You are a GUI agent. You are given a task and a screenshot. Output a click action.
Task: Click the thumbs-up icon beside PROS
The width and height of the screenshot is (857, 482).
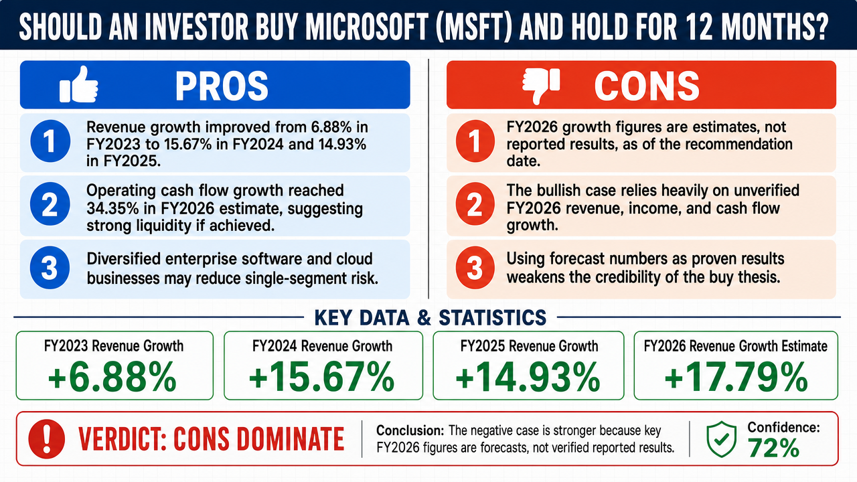pyautogui.click(x=79, y=84)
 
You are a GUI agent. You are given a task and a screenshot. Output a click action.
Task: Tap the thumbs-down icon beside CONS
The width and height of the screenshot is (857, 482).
pyautogui.click(x=541, y=86)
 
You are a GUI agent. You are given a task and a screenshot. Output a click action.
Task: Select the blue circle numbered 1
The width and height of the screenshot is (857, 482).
pyautogui.click(x=50, y=141)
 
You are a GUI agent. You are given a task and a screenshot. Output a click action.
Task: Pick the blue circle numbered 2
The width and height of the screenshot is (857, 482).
pyautogui.click(x=50, y=204)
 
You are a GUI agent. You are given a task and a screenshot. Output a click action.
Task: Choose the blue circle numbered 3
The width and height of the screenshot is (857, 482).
pyautogui.click(x=50, y=267)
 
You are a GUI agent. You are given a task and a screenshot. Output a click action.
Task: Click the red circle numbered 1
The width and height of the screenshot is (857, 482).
pyautogui.click(x=475, y=141)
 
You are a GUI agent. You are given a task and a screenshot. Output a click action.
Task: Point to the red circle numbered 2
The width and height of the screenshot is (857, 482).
pyautogui.click(x=475, y=204)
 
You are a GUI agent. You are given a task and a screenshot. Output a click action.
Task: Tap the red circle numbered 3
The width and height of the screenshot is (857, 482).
pyautogui.click(x=475, y=267)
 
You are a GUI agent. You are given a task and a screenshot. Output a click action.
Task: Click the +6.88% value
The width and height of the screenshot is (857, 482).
pyautogui.click(x=112, y=376)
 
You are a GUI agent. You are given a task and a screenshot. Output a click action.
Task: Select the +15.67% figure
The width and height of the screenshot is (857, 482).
pyautogui.click(x=322, y=376)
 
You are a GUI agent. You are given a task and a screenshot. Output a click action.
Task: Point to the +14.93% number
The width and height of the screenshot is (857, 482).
pyautogui.click(x=528, y=376)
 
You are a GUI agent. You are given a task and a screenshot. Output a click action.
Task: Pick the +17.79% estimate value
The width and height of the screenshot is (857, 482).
pyautogui.click(x=736, y=376)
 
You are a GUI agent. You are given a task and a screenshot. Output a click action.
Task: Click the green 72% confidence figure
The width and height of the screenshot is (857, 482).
pyautogui.click(x=773, y=449)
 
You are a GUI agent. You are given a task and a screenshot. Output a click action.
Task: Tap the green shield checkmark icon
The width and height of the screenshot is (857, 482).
pyautogui.click(x=721, y=439)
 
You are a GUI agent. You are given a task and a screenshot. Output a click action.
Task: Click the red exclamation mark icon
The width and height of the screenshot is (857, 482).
pyautogui.click(x=47, y=438)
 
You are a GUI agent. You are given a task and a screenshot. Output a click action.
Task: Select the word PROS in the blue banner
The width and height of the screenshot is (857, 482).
pyautogui.click(x=222, y=86)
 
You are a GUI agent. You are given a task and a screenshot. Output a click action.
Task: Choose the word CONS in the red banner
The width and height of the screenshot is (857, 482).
pyautogui.click(x=647, y=86)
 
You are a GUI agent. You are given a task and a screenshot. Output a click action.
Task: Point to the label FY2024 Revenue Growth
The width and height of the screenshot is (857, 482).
pyautogui.click(x=323, y=346)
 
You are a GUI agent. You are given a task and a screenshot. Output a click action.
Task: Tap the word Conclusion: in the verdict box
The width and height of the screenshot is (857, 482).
pyautogui.click(x=410, y=430)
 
